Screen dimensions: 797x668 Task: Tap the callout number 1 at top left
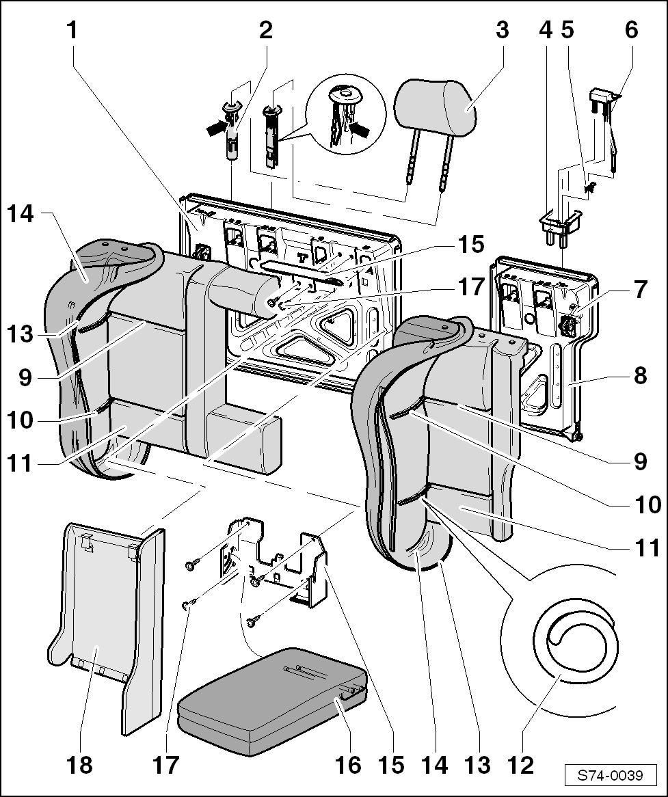coord(72,31)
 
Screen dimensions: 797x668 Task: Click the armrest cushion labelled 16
coord(273,701)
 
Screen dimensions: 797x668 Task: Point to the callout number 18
coord(80,764)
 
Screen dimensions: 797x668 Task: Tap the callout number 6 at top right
coord(630,31)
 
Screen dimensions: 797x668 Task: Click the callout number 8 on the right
coord(640,375)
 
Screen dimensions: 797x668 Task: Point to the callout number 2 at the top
coord(265,31)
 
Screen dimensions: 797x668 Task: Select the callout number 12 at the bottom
coord(521,764)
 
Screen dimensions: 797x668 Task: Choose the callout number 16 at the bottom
coord(348,764)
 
